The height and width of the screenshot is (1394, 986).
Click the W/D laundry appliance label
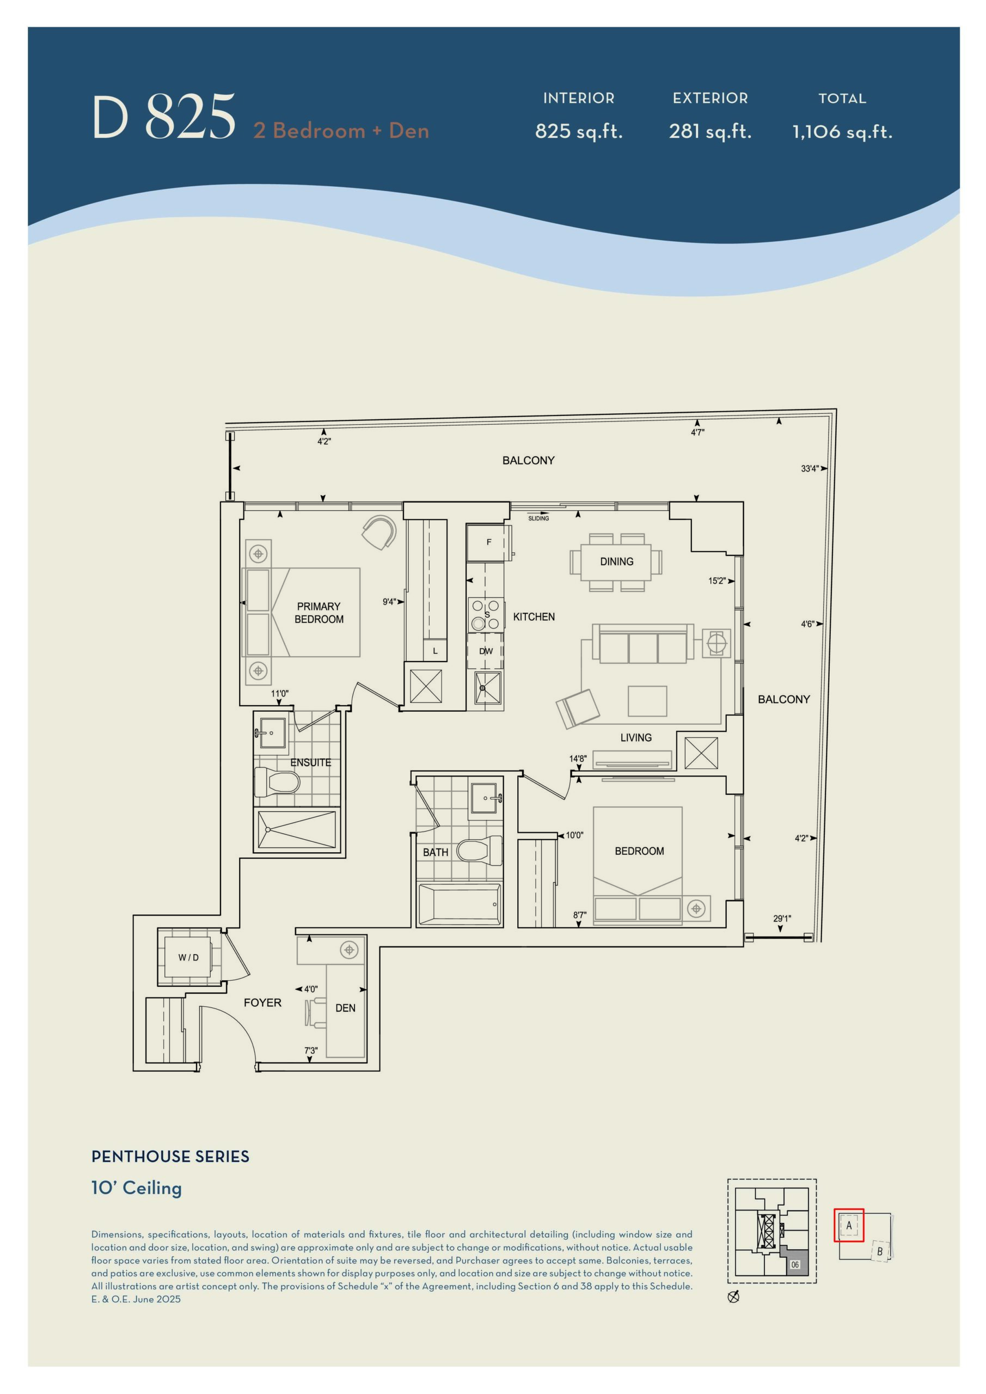(x=188, y=957)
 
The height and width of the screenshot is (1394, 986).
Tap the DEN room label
(x=346, y=1008)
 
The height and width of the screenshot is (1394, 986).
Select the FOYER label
(x=262, y=1002)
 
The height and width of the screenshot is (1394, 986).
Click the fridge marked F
(x=489, y=542)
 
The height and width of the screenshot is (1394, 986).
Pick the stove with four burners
(x=486, y=614)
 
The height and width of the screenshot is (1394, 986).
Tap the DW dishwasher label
(x=486, y=651)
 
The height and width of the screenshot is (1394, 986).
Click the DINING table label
(x=616, y=561)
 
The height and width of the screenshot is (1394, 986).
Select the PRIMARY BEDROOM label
(x=319, y=613)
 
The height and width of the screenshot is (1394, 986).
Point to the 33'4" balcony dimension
(x=810, y=469)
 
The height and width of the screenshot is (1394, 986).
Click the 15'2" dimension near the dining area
(x=717, y=581)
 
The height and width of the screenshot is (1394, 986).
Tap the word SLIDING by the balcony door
(x=538, y=518)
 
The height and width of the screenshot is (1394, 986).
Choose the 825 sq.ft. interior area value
(x=579, y=131)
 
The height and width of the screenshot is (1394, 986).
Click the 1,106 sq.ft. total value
(x=842, y=132)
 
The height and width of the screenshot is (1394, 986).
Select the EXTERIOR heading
(x=710, y=99)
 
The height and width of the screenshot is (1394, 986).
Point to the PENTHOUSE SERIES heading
(x=170, y=1157)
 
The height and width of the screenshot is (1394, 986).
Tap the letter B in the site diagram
(x=880, y=1251)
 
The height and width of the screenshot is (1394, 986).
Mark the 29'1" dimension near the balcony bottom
(x=782, y=919)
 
